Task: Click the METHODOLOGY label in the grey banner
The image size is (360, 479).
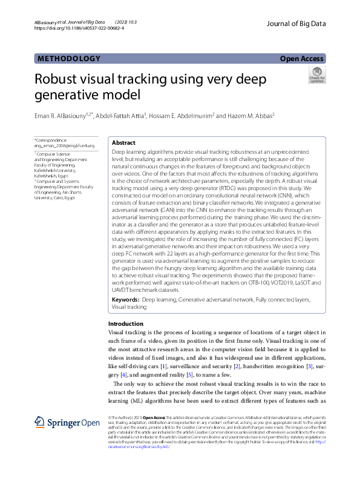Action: point(68,58)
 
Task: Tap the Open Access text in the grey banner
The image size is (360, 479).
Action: point(303,59)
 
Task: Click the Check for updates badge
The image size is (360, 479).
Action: point(316,76)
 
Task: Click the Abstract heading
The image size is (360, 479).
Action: point(124,142)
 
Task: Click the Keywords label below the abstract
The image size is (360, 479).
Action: point(126,300)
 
